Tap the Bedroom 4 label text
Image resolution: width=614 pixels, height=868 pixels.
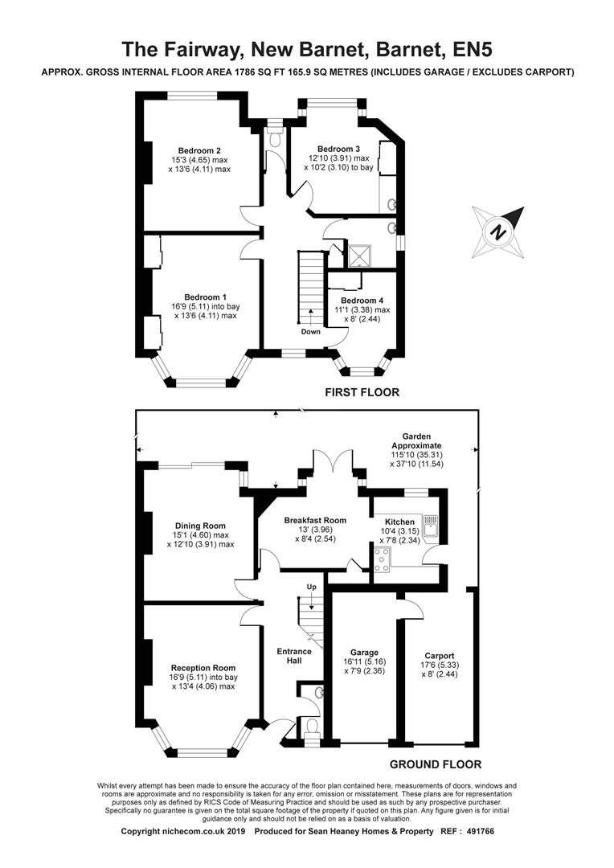coord(362,301)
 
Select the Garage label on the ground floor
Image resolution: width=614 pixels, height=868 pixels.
coord(364,652)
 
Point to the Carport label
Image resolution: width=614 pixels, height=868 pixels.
coord(439,656)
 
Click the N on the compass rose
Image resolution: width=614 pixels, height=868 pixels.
coord(499,231)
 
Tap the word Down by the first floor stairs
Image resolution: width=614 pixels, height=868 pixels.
coord(310,332)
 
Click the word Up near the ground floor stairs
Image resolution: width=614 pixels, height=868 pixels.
coord(312,587)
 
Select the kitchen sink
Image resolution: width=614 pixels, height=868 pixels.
coord(430,526)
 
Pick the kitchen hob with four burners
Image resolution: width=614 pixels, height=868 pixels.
coord(382,559)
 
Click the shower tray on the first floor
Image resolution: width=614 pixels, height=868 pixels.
coord(360,256)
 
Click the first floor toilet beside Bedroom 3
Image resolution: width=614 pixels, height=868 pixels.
coord(274,138)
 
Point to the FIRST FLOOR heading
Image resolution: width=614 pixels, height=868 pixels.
coord(362,392)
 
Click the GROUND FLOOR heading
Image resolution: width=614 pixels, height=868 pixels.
coord(436,764)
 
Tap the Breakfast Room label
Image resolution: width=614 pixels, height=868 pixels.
coord(315,520)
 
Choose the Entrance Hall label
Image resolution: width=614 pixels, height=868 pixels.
coord(294,656)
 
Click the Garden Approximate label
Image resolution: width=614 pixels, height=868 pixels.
coord(416,441)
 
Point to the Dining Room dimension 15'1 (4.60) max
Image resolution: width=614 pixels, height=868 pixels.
coord(200,535)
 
